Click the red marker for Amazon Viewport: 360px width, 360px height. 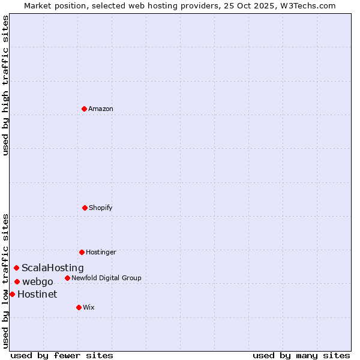84,109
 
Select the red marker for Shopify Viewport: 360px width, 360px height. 85,208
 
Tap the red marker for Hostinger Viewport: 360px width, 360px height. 82,252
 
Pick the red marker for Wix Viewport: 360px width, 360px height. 79,307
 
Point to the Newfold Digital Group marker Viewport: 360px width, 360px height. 67,278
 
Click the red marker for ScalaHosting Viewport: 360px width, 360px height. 16,268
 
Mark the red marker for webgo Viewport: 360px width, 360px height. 17,281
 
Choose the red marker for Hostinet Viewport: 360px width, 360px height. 12,294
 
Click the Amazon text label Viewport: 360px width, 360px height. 101,109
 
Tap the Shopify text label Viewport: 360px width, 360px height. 101,208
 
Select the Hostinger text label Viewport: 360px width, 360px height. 101,252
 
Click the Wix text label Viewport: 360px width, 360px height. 89,307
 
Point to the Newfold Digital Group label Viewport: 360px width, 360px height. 107,278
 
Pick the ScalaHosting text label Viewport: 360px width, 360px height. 53,268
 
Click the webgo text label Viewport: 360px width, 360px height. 38,281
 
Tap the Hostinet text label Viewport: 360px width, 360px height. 37,294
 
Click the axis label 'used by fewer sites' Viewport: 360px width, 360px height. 62,355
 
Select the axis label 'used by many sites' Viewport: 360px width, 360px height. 301,355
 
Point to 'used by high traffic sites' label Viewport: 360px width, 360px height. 5,85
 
